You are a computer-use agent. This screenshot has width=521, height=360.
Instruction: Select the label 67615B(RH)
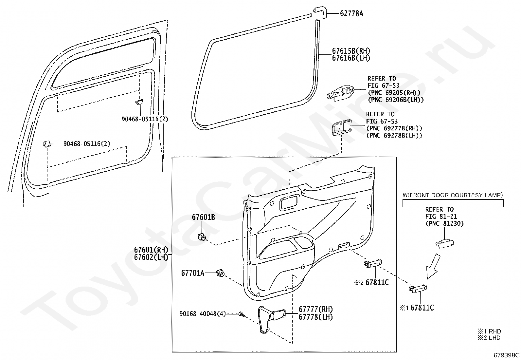coord(351,51)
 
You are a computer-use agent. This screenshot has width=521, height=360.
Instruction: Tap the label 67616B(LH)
coord(351,58)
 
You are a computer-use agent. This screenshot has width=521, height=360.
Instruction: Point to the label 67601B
coord(203,217)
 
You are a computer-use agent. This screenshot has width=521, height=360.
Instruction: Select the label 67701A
coord(192,273)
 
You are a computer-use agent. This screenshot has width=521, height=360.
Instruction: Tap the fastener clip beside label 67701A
coord(220,273)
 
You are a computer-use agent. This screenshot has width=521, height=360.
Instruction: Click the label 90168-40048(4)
coord(202,314)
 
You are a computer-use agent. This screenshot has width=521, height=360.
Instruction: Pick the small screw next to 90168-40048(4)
coord(241,314)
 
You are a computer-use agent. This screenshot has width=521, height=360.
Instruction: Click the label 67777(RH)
coord(315,309)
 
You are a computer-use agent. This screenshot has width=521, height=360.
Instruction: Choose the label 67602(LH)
coord(151,257)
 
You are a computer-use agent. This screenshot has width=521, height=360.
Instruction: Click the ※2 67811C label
coord(371,282)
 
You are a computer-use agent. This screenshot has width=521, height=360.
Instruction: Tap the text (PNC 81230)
coord(444,224)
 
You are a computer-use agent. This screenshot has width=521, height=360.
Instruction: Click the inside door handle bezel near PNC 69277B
coord(341,128)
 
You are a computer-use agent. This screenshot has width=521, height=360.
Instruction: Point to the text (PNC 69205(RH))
coord(394,93)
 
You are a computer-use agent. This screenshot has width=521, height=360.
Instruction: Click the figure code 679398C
coord(507,355)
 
